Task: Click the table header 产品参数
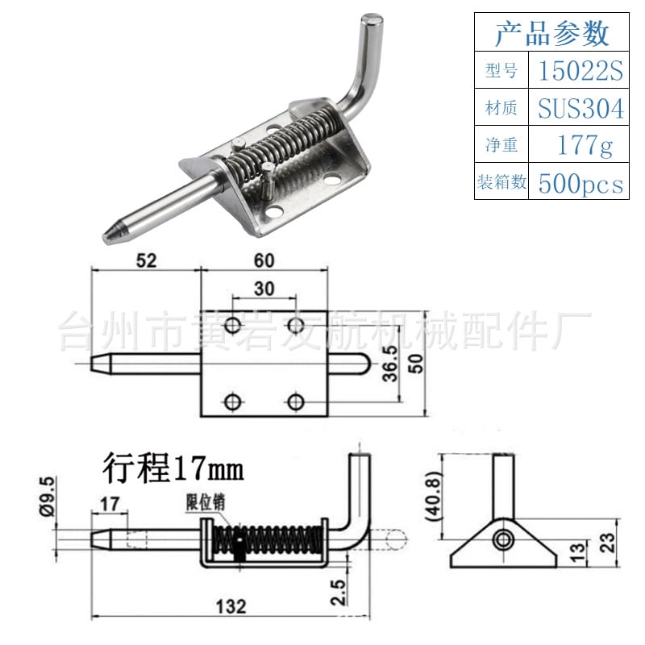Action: point(551,34)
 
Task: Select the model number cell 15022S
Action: point(580,73)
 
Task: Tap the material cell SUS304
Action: point(580,109)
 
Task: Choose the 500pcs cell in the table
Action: point(580,183)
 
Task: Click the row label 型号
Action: point(501,73)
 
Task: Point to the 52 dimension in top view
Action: point(145,260)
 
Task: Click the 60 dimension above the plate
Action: point(264,260)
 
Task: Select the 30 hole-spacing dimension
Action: point(264,288)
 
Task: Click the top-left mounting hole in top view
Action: point(232,326)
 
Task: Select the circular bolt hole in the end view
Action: point(505,539)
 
